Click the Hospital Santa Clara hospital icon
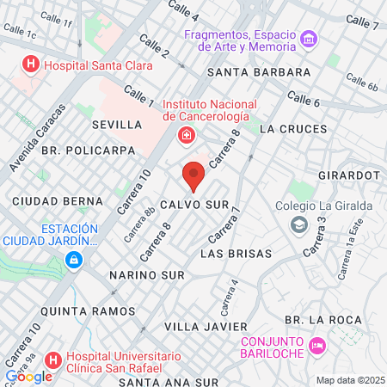coord(32,64)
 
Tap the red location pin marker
coord(193,177)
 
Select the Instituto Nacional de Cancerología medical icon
coord(186,135)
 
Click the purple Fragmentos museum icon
coord(310,40)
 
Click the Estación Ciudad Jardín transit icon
coord(75,259)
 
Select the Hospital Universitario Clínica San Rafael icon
coord(52,359)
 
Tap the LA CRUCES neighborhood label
coord(292,129)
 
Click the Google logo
coord(28,375)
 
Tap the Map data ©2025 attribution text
coord(349,380)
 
